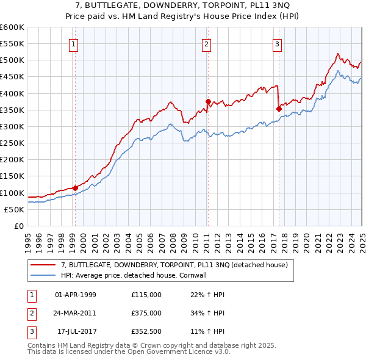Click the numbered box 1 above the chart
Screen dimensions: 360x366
click(73, 43)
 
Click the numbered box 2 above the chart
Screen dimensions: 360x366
click(207, 43)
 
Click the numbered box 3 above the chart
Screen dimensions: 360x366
click(277, 43)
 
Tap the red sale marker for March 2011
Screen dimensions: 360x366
click(208, 102)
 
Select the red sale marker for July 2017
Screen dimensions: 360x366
click(279, 109)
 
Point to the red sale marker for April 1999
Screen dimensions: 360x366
click(75, 188)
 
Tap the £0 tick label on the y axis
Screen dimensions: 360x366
click(19, 226)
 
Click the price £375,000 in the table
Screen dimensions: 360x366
click(146, 313)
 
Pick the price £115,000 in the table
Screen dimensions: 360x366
click(146, 295)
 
